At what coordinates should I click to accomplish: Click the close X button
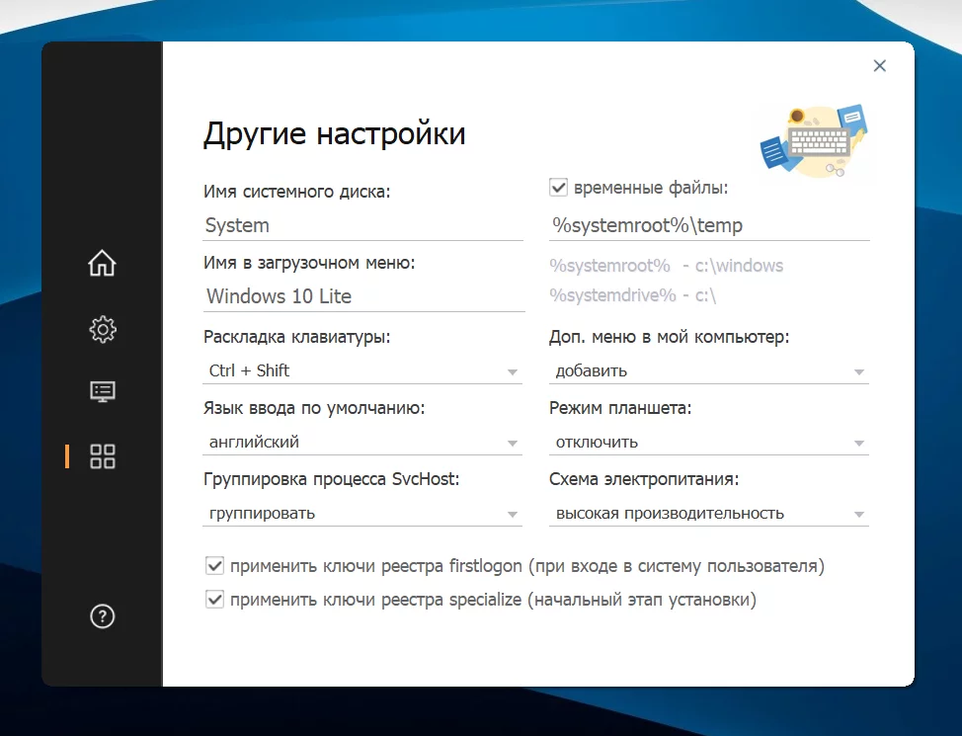point(880,65)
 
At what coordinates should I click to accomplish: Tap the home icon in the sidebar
point(102,263)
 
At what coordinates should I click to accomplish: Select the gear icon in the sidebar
point(103,330)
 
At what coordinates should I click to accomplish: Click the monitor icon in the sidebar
point(103,391)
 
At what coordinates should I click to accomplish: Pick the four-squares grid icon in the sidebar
point(103,456)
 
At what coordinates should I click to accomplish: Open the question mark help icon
point(103,616)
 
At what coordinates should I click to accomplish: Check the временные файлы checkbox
point(558,188)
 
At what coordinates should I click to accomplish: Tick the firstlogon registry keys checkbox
point(214,565)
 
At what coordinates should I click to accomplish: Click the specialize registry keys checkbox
point(214,599)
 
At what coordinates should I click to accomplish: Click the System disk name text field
point(363,225)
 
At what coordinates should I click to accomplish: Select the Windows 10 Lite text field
point(363,296)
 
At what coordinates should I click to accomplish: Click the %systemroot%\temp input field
point(709,225)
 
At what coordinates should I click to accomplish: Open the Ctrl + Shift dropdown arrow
point(513,372)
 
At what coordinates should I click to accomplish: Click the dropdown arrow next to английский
point(513,444)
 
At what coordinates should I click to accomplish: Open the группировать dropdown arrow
point(513,515)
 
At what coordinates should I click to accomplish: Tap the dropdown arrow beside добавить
point(859,372)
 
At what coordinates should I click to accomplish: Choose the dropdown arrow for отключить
point(859,444)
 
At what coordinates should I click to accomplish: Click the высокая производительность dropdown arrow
point(859,515)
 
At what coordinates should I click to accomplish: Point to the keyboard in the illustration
point(819,142)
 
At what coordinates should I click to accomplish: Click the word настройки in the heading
point(391,133)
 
